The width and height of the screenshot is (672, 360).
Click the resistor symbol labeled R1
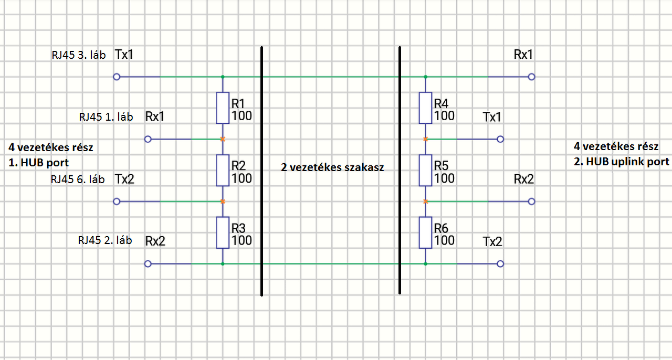[223, 108]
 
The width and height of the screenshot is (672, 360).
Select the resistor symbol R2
[223, 171]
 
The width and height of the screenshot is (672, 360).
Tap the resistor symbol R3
[223, 232]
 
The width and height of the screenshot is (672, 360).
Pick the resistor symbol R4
[425, 108]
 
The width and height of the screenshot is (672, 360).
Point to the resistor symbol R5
[425, 171]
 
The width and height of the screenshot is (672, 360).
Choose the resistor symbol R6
[425, 232]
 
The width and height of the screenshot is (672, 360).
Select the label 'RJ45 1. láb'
[105, 117]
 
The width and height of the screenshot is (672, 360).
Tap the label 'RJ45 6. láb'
[78, 179]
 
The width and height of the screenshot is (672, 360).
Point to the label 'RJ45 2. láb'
[104, 240]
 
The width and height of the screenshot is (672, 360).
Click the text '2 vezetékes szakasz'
[332, 168]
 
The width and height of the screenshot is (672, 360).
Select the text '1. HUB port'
[39, 163]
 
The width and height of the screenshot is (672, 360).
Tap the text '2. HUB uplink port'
[622, 162]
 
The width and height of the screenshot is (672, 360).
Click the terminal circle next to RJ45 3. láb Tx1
[117, 77]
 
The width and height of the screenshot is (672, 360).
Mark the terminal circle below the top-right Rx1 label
[531, 77]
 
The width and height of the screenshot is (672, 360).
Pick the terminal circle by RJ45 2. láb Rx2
[148, 263]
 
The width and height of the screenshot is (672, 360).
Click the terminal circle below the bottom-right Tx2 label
[500, 263]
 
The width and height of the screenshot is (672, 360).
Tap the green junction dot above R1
[223, 77]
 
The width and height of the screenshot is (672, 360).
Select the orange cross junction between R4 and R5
[425, 139]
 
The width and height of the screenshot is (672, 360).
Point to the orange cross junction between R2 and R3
[223, 202]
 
